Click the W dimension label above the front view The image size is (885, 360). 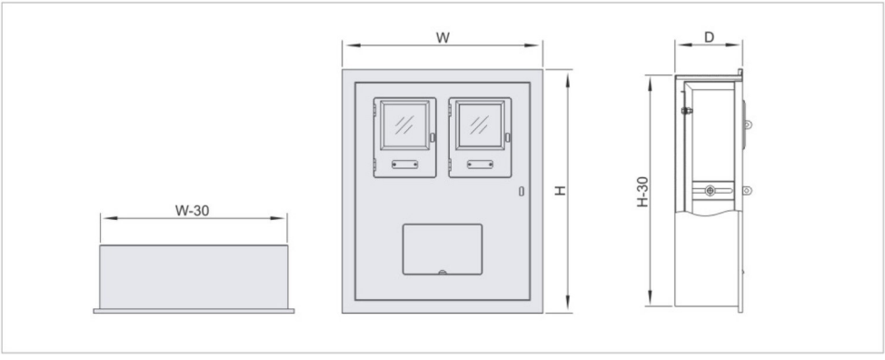443,38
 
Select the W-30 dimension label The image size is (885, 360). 192,211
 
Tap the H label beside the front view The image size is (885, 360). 560,191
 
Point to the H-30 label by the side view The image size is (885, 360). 643,192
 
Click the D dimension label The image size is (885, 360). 709,37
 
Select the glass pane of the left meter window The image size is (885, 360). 404,125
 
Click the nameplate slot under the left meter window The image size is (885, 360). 404,165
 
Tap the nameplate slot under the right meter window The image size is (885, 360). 480,165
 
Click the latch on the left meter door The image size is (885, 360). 433,137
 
